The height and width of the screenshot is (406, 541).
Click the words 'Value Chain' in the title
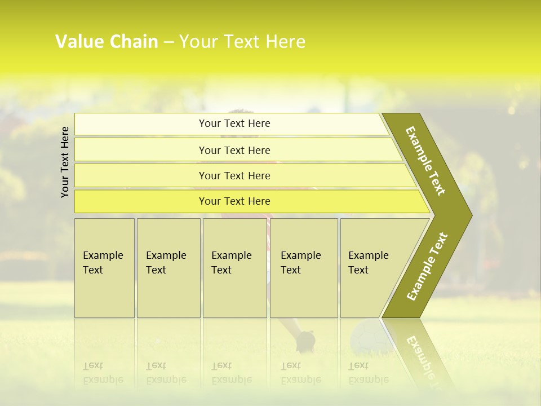tap(107, 42)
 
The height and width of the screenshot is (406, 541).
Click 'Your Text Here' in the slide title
tap(242, 42)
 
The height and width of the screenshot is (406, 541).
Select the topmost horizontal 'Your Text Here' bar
tap(234, 123)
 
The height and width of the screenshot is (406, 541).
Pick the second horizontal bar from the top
tap(234, 150)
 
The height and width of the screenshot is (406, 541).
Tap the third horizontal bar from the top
tap(234, 175)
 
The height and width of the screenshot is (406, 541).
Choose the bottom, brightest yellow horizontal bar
tap(234, 201)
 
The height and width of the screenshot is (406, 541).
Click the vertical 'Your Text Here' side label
tap(65, 162)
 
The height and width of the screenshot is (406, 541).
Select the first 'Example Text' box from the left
tap(104, 267)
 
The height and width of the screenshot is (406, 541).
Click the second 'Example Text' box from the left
tap(168, 267)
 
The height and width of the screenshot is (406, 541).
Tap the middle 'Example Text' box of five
tap(234, 267)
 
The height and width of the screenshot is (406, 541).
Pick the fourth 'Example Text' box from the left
tap(304, 267)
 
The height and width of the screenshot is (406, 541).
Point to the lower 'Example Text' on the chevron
tap(427, 266)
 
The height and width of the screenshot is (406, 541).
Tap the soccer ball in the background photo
tap(365, 337)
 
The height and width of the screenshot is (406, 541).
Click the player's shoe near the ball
tap(305, 341)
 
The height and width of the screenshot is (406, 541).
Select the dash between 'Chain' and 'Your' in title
tap(168, 42)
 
